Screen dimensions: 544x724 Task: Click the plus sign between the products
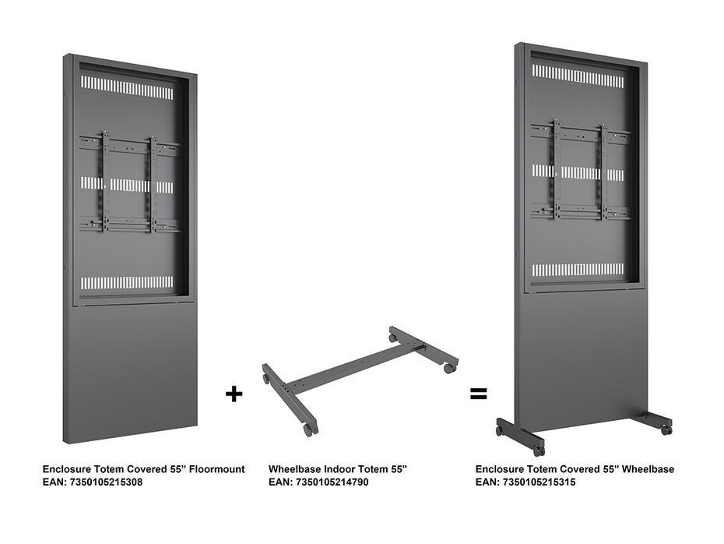[x=234, y=394]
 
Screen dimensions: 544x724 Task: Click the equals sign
[x=478, y=394]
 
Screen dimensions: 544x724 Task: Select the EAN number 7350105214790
[x=332, y=482]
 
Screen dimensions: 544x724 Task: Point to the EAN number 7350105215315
[x=539, y=482]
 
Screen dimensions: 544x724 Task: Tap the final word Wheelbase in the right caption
[x=648, y=469]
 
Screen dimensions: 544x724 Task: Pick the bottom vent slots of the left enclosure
[x=127, y=282]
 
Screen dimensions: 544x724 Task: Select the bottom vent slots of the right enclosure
[x=578, y=270]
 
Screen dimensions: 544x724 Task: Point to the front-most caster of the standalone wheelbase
[x=310, y=429]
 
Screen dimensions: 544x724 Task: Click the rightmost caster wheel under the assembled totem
[x=666, y=429]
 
